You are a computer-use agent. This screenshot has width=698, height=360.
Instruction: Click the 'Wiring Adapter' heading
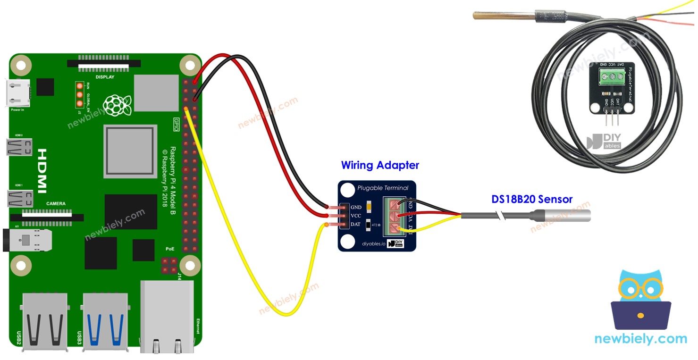[x=380, y=166]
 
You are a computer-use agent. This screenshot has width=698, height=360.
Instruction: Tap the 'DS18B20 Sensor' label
[x=532, y=199]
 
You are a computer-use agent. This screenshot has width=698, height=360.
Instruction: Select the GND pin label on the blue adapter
[x=355, y=208]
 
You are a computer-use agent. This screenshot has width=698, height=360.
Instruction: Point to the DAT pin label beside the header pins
[x=355, y=224]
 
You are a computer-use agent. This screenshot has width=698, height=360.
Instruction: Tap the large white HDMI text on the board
[x=42, y=171]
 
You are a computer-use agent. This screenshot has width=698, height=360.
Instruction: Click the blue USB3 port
[x=105, y=321]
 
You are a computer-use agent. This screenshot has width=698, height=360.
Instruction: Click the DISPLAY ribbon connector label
[x=105, y=77]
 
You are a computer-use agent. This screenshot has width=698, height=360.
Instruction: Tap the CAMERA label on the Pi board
[x=56, y=204]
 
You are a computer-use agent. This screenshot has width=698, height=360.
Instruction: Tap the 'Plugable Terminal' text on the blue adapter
[x=383, y=188]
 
